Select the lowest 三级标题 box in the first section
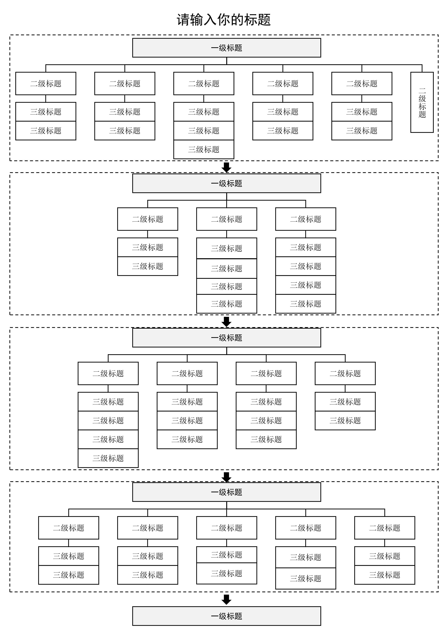(x=204, y=149)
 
